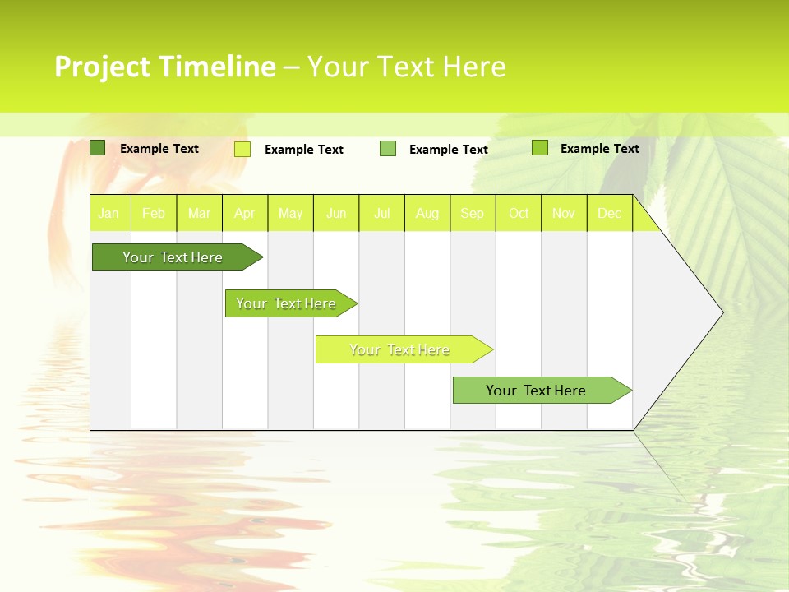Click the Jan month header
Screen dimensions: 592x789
tap(108, 213)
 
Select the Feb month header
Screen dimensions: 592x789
tap(154, 213)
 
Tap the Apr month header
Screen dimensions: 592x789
tap(245, 213)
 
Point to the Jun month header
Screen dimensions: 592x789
tap(336, 213)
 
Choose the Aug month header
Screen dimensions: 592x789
tap(427, 213)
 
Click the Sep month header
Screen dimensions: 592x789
tap(473, 213)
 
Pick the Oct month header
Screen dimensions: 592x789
tap(519, 213)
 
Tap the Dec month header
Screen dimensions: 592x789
tap(610, 213)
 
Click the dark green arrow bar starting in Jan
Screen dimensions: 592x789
tap(173, 257)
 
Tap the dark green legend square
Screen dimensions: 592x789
tap(97, 148)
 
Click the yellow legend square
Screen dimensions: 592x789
tap(242, 149)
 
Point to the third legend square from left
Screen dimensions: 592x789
tap(388, 149)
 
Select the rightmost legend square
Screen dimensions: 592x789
tap(540, 148)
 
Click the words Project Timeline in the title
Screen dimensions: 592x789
tap(164, 67)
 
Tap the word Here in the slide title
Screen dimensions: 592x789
tap(473, 67)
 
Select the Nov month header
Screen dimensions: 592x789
tap(564, 213)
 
